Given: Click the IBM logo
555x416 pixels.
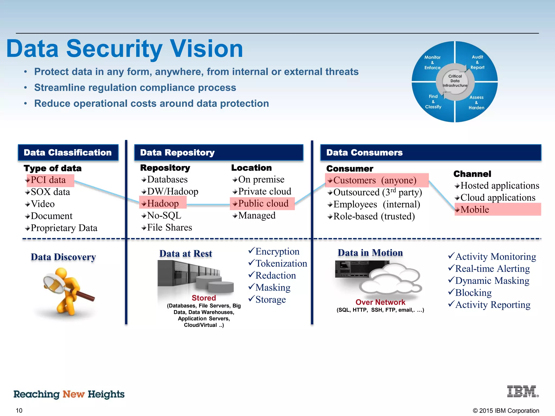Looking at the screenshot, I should pos(522,392).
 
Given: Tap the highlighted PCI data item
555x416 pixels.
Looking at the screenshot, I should pos(50,180).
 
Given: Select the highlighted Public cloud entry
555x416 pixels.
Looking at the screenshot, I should pos(262,203).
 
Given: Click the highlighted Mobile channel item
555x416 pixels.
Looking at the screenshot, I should pos(498,209).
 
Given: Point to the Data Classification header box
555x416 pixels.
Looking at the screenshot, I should pos(68,152).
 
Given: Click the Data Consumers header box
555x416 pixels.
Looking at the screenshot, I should pos(430,152).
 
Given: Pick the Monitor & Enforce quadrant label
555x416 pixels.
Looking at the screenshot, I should pos(432,63).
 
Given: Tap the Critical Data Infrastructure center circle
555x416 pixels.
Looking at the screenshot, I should pos(455,81).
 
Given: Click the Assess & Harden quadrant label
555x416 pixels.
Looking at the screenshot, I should pos(476,102).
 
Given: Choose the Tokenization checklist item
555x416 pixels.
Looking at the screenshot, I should pos(281,263).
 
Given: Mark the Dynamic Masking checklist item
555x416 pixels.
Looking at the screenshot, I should pos(492,281).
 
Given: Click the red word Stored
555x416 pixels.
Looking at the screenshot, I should pos(204,298).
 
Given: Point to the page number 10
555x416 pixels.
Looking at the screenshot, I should pos(19,410).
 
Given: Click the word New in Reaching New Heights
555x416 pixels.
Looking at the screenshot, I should pos(74,394).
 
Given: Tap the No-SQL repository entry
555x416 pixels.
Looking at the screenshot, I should pos(164,215).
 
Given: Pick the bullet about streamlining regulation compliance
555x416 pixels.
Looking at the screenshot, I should pos(135,87).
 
